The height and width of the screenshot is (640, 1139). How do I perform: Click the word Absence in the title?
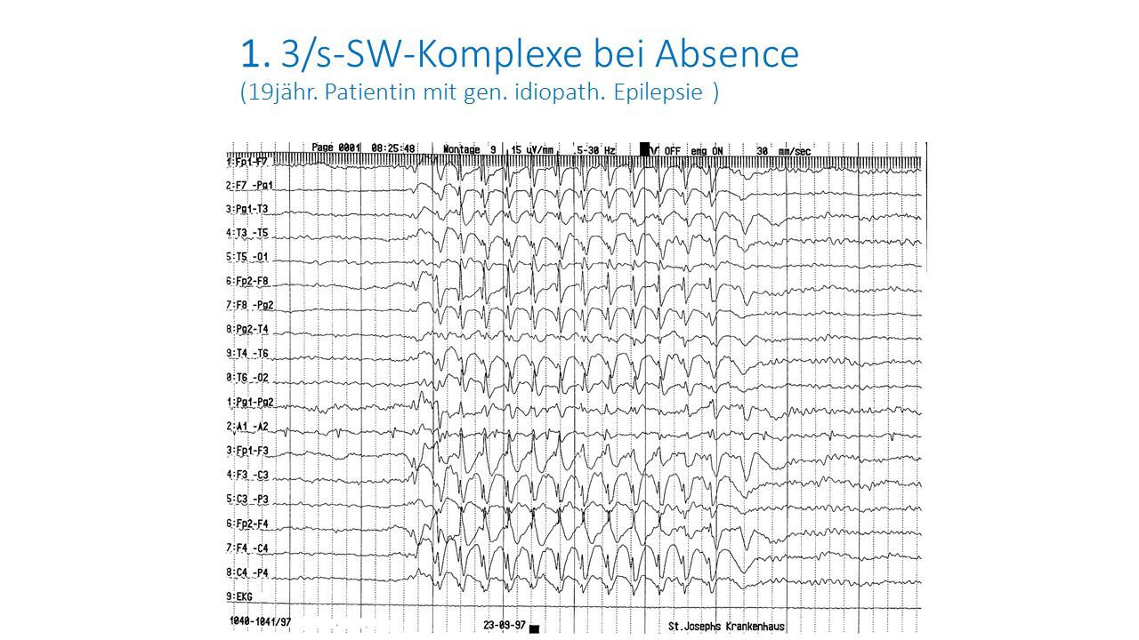click(x=727, y=54)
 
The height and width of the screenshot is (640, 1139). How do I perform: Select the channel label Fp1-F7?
click(x=247, y=162)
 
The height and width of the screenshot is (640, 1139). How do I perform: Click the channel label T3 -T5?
click(x=247, y=233)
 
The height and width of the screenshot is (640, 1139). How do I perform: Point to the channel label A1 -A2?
click(x=247, y=427)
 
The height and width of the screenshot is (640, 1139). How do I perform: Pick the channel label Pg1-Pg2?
click(x=250, y=402)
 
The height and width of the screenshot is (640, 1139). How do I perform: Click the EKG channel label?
click(x=240, y=596)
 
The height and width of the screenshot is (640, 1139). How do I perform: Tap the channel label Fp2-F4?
click(x=247, y=524)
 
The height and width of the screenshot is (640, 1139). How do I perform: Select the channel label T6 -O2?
click(x=247, y=378)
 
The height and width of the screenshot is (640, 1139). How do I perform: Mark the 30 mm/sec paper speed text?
click(x=783, y=150)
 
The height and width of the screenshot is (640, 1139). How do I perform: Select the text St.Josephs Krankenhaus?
click(x=726, y=627)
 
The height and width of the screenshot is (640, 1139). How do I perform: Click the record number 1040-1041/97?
click(x=259, y=621)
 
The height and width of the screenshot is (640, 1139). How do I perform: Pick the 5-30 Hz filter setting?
click(x=595, y=149)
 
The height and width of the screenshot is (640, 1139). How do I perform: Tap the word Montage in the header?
click(x=461, y=148)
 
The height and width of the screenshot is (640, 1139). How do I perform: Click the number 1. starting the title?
click(x=255, y=55)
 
